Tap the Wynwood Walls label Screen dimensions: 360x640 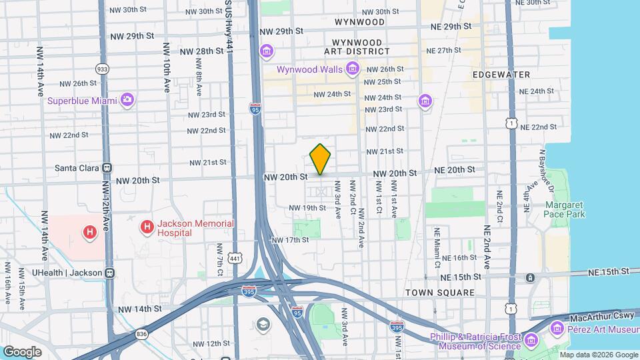310,69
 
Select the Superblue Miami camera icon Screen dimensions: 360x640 127,100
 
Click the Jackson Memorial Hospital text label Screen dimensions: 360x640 195,228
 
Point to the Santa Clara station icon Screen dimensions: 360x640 107,168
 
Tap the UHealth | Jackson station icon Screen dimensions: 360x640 110,273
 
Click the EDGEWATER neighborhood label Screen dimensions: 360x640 501,75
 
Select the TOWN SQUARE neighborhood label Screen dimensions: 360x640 440,293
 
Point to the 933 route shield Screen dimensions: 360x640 102,69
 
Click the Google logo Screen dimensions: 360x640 22,351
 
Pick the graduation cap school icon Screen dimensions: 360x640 264,325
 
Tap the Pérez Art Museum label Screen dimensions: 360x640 603,330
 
